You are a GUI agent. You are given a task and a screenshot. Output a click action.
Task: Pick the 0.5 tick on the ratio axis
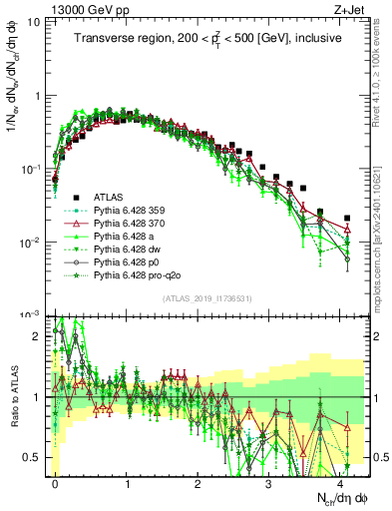click(36, 457)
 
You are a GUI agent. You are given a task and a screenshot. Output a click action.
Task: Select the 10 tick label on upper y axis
click(38, 22)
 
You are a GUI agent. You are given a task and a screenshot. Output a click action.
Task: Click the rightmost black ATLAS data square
click(347, 218)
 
